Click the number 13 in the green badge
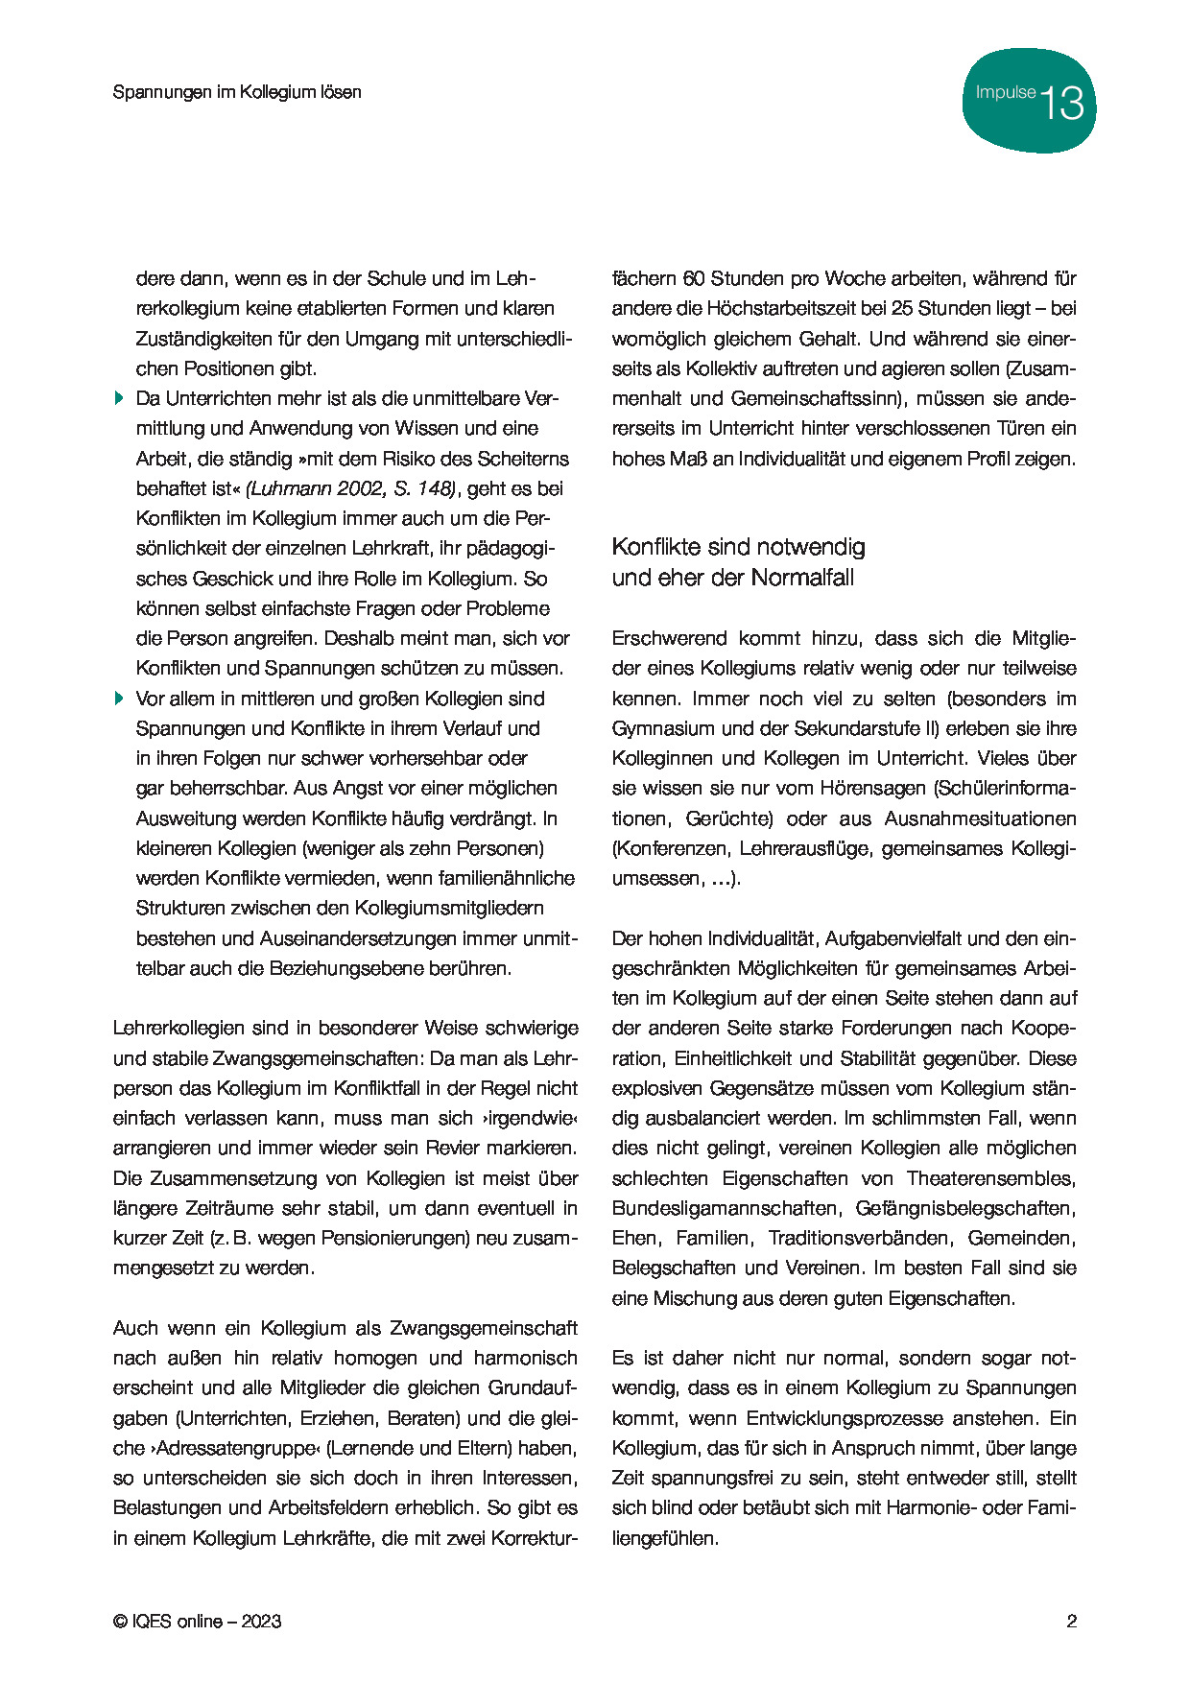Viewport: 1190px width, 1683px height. coord(1062,103)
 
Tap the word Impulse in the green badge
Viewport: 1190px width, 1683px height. coord(1005,93)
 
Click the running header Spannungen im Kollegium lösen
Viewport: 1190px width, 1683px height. coord(237,92)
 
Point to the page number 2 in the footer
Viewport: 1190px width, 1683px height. coord(1071,1622)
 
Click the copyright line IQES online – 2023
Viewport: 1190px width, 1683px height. coord(198,1622)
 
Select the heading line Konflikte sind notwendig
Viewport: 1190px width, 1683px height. coord(738,547)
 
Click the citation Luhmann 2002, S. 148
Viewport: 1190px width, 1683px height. coord(351,488)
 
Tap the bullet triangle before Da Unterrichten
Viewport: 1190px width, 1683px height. coord(119,397)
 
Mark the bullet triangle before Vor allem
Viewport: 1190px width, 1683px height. coord(119,698)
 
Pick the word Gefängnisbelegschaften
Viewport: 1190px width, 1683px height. coord(965,1208)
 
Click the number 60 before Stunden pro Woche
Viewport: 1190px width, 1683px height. coord(693,278)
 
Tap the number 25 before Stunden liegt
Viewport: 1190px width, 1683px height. coord(902,308)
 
